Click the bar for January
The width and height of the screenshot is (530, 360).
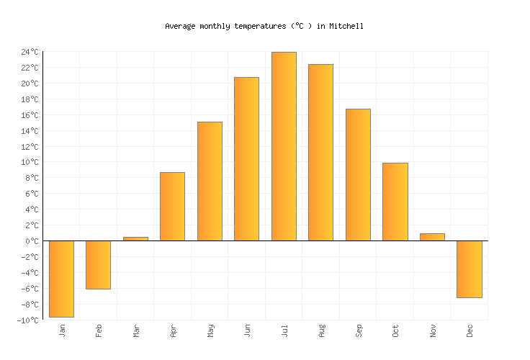[61, 279]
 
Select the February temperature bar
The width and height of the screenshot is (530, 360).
[98, 264]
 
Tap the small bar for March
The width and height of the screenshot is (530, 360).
[135, 238]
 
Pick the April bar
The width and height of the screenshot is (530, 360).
[172, 207]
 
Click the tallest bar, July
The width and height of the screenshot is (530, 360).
[284, 146]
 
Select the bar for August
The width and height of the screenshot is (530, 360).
[320, 153]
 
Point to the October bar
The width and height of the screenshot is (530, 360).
[395, 202]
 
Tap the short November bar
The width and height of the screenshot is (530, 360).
[432, 237]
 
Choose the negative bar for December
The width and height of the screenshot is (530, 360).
[469, 269]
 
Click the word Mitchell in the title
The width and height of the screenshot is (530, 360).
[346, 26]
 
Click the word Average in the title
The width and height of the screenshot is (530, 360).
[180, 26]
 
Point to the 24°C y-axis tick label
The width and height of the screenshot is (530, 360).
[30, 52]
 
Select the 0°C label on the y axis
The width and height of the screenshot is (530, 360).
[32, 241]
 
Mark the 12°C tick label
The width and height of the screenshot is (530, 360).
[30, 147]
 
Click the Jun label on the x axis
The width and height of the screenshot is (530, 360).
[247, 330]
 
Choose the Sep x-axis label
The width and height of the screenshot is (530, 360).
[358, 330]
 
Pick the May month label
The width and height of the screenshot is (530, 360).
[210, 330]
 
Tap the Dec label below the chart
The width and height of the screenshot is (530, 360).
[470, 330]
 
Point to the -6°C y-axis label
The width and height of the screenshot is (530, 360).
[30, 289]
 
